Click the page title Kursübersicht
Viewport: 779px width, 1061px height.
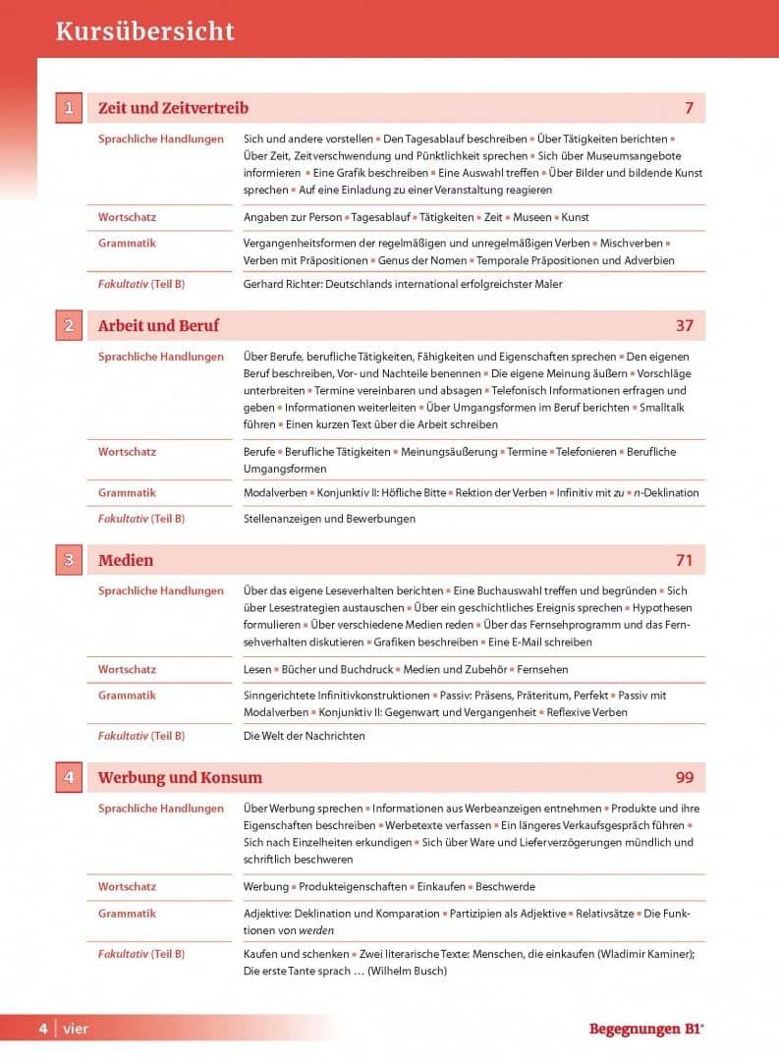pyautogui.click(x=145, y=31)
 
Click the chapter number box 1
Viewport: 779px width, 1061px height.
pyautogui.click(x=68, y=108)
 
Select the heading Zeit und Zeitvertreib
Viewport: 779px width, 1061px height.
pyautogui.click(x=173, y=108)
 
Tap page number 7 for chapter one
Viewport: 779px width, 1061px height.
pyautogui.click(x=689, y=108)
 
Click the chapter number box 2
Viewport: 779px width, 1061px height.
pyautogui.click(x=68, y=325)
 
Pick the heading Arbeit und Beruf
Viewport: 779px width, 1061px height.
pyautogui.click(x=158, y=325)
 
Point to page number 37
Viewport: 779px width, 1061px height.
pyautogui.click(x=684, y=325)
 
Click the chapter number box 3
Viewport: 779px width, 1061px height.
pyautogui.click(x=68, y=560)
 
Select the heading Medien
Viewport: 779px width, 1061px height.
pyautogui.click(x=126, y=560)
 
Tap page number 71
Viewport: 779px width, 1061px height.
pyautogui.click(x=684, y=560)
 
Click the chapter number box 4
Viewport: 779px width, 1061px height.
pyautogui.click(x=68, y=777)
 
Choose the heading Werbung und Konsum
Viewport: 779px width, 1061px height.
pyautogui.click(x=180, y=777)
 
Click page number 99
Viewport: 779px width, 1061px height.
pyautogui.click(x=684, y=777)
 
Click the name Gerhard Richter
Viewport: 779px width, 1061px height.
pyautogui.click(x=281, y=284)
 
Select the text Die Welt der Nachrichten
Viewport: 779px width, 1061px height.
pyautogui.click(x=304, y=735)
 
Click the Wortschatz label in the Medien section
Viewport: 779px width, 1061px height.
pyautogui.click(x=127, y=669)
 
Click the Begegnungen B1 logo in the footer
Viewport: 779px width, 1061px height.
pyautogui.click(x=646, y=1030)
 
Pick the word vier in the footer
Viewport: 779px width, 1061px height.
pyautogui.click(x=76, y=1030)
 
